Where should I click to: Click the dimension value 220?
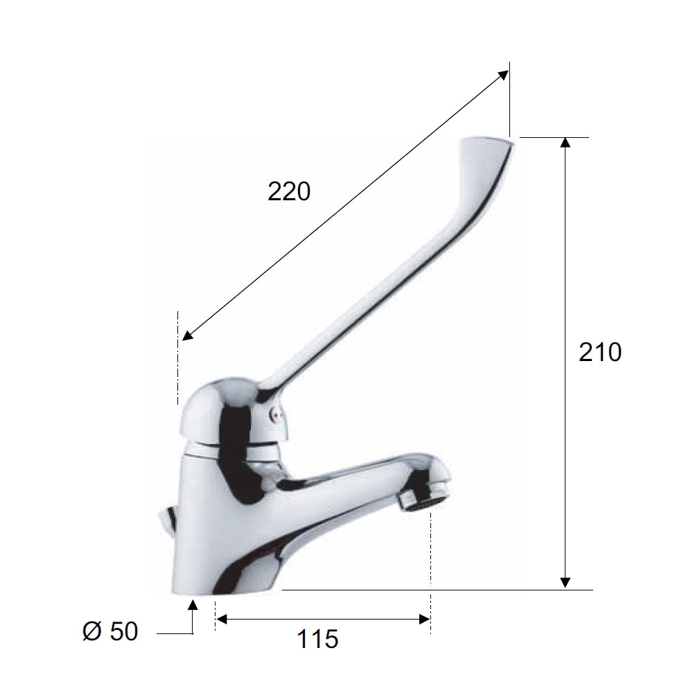(289, 191)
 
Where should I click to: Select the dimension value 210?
(600, 353)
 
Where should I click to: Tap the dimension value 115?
(318, 638)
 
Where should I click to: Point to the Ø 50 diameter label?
(110, 631)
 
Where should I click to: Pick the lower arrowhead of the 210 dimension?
(565, 583)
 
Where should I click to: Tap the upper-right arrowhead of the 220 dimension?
(503, 74)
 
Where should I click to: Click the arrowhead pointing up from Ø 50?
(193, 605)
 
